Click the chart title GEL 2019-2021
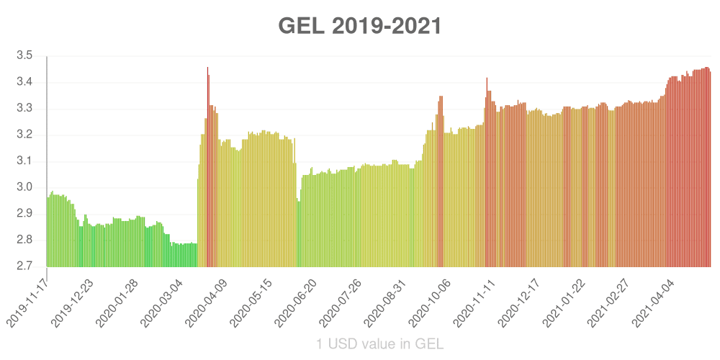pos(360,26)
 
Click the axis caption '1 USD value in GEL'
pos(380,343)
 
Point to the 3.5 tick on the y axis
pos(24,56)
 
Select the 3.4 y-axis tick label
pos(24,83)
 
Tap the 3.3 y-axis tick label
pos(24,109)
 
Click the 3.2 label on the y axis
pos(24,135)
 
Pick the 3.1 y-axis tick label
pos(24,161)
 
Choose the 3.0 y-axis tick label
pos(24,188)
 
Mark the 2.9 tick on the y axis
pos(24,214)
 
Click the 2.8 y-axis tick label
pos(24,240)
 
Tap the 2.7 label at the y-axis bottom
pos(24,266)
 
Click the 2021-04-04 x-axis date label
pos(657,300)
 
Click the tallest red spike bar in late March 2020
pos(207,166)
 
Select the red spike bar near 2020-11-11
pos(487,173)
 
